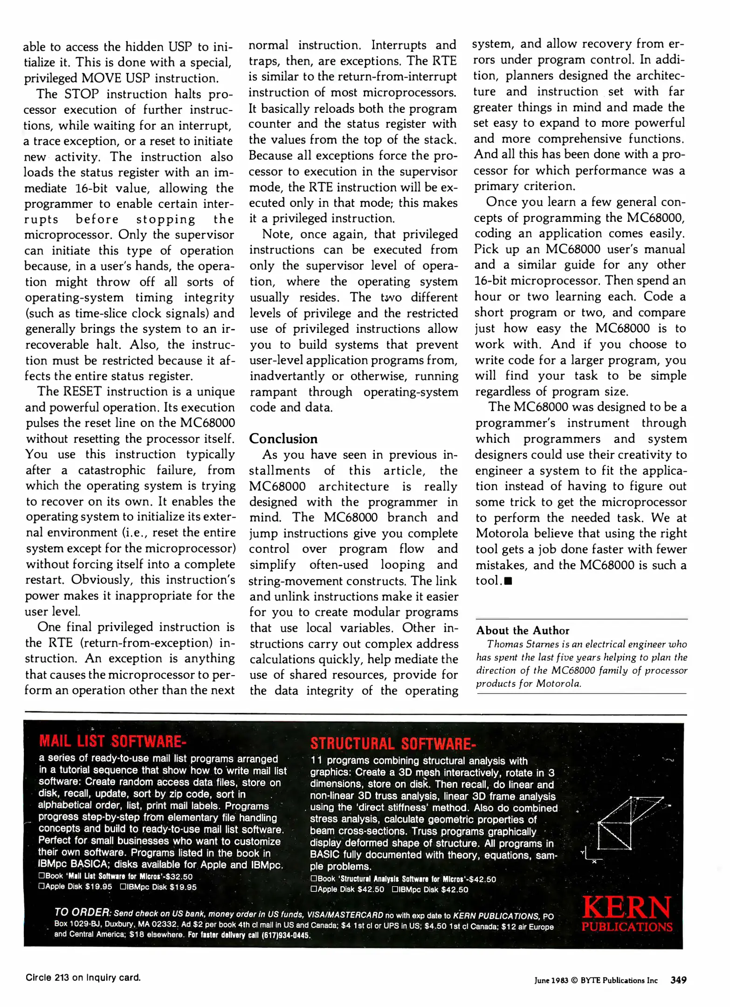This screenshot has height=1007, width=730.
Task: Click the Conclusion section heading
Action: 283,439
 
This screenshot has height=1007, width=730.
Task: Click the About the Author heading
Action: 523,630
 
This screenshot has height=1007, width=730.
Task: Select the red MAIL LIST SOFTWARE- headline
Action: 112,741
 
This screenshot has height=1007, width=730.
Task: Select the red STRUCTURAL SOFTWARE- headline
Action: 393,743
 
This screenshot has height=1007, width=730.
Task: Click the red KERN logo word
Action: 627,907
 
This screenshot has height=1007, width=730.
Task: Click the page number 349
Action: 678,980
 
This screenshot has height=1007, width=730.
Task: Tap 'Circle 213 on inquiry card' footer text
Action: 83,978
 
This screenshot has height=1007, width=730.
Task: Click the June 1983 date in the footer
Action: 551,980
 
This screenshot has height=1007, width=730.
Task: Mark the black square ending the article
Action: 508,581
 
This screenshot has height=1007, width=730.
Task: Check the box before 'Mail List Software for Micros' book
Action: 41,876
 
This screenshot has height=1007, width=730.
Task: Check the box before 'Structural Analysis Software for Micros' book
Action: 313,879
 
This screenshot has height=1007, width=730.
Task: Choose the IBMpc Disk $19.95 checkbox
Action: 124,887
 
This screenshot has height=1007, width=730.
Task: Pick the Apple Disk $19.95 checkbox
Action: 41,887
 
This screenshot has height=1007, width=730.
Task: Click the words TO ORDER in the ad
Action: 82,912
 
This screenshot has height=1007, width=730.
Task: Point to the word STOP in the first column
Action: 82,94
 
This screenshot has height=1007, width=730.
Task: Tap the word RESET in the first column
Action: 83,391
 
